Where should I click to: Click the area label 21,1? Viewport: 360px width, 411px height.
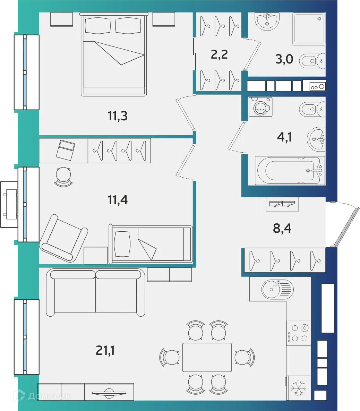105,351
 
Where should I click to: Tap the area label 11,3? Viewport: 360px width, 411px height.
117,116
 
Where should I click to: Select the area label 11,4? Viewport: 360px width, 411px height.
118,200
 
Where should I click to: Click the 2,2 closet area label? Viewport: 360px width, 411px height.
219,54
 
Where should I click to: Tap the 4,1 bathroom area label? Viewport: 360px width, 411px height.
285,137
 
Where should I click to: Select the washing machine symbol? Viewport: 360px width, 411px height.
260,107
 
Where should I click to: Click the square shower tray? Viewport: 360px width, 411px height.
309,29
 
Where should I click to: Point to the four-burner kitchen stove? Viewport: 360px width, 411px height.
299,333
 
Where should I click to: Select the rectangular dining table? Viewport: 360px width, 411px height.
207,357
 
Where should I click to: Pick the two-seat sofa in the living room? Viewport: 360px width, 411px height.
96,292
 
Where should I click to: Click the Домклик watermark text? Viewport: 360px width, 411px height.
49,396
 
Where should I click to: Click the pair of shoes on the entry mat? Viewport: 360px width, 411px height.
282,204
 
